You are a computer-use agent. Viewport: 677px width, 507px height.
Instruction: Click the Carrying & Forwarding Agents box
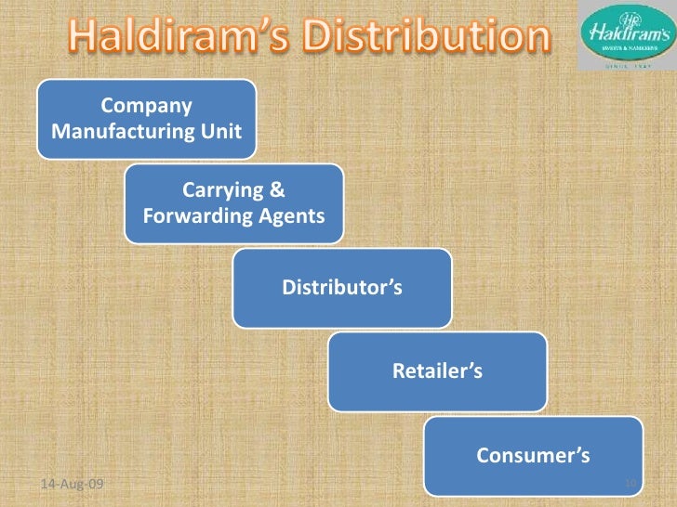(x=233, y=204)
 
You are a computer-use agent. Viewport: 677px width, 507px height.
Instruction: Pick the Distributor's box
(x=342, y=288)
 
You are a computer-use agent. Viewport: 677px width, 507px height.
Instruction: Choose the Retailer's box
(x=437, y=371)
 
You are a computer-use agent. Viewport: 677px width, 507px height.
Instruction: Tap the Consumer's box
(x=533, y=455)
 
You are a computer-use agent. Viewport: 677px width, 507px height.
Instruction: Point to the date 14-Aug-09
(x=74, y=484)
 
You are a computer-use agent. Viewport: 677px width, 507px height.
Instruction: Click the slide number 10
(x=630, y=484)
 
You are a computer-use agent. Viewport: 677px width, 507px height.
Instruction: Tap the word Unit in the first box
(x=223, y=131)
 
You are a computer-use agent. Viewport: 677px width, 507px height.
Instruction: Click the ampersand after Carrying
(x=276, y=191)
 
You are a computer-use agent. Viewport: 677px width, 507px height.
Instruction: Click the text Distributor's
(x=342, y=288)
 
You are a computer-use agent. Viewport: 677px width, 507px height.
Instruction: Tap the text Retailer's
(x=437, y=372)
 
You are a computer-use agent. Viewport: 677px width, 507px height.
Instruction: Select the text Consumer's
(x=533, y=456)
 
